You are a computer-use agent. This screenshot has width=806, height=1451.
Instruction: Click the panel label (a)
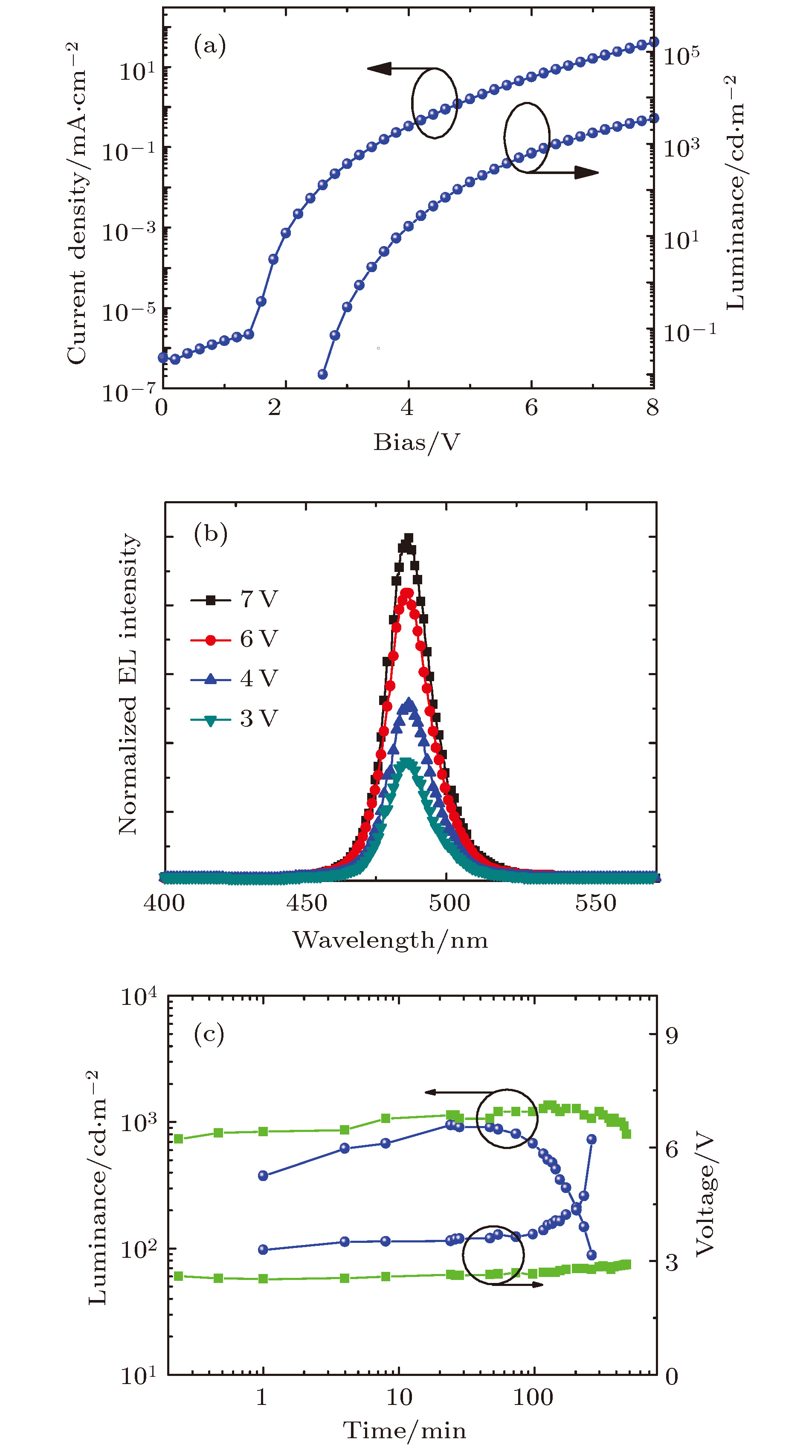(209, 46)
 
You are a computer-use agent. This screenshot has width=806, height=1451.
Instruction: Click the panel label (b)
(210, 533)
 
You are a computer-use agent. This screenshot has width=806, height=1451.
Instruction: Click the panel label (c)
(209, 1033)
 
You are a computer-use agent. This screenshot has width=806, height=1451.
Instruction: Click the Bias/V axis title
(417, 443)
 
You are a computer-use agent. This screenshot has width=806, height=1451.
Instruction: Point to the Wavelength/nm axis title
(390, 940)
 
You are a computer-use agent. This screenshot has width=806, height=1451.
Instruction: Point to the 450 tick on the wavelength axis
(306, 903)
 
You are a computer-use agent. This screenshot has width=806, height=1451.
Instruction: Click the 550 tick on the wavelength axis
(595, 903)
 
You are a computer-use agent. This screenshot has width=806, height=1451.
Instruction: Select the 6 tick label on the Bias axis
(531, 407)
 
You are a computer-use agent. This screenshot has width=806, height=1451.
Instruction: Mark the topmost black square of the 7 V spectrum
(409, 538)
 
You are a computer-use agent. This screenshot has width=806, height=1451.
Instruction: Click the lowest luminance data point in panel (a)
(323, 374)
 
